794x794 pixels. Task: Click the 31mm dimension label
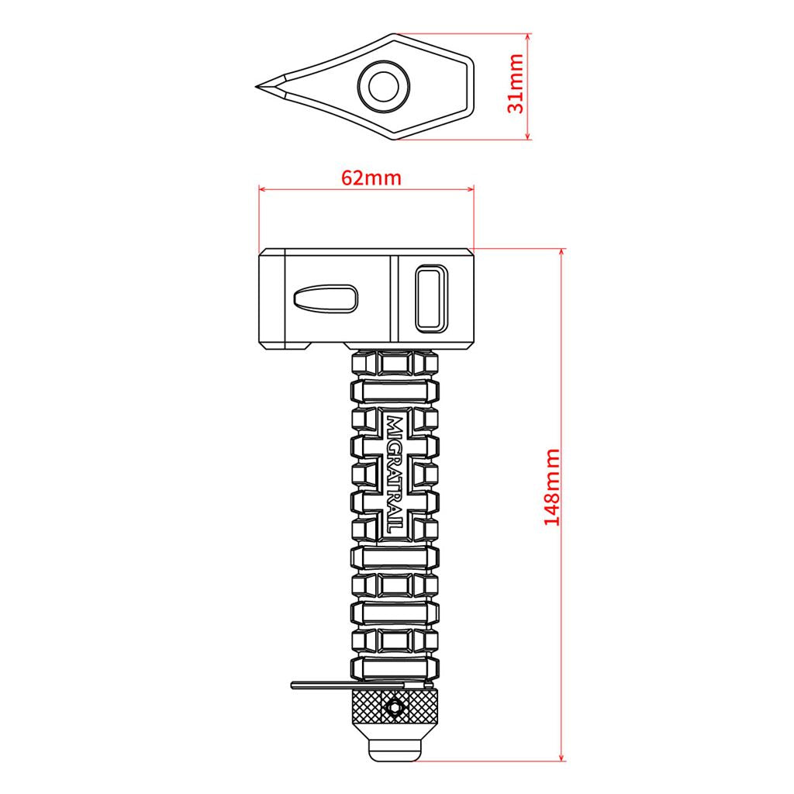[516, 84]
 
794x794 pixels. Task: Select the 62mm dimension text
[371, 178]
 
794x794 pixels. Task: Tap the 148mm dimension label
[552, 487]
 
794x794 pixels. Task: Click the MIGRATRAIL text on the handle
[395, 474]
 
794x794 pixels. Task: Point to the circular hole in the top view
[383, 86]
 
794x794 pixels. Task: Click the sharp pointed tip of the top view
[257, 87]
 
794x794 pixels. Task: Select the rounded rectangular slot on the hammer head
[431, 299]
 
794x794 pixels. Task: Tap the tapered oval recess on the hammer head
[326, 298]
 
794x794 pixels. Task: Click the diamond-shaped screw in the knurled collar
[394, 707]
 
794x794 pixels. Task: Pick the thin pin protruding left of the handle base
[348, 685]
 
